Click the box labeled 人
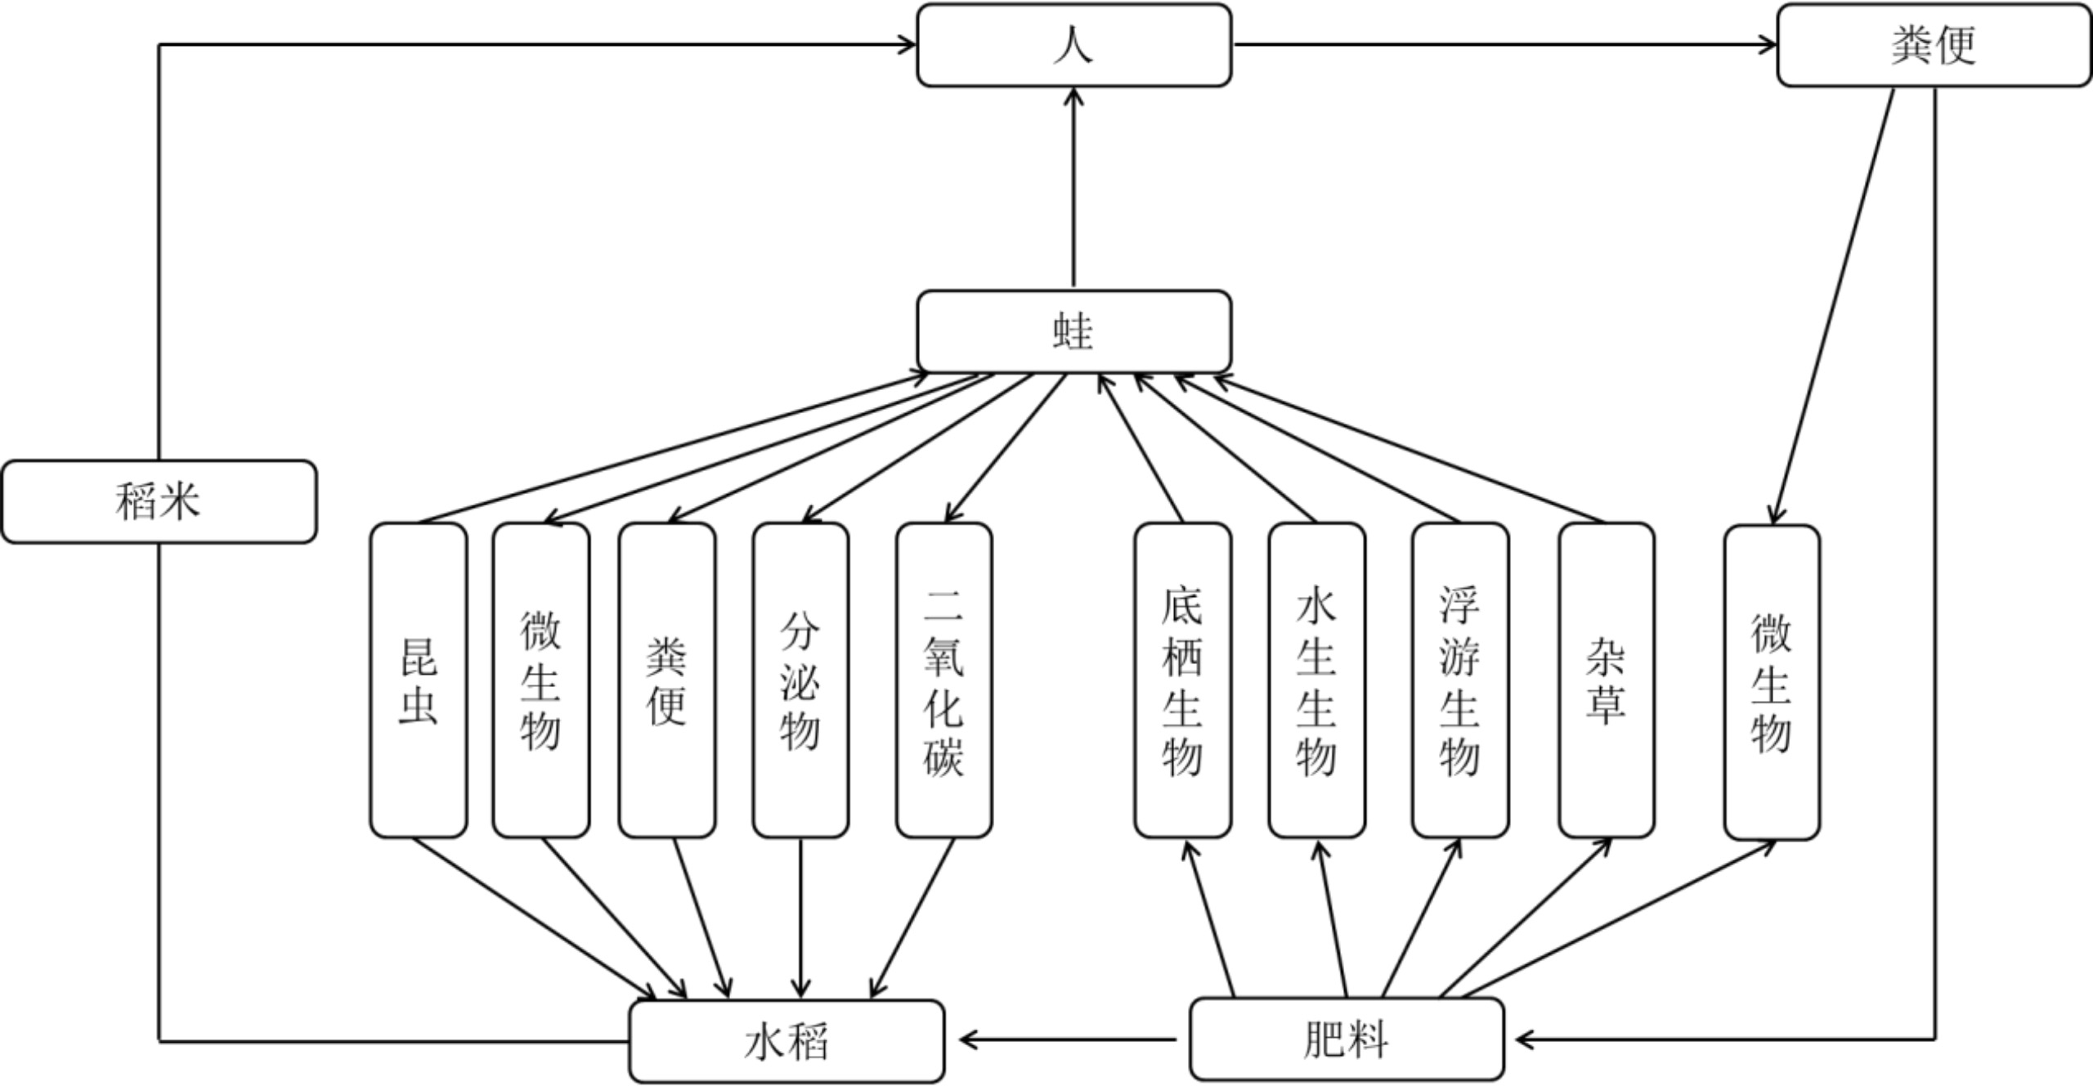tap(1073, 45)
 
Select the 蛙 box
tap(1073, 331)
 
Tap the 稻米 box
tap(159, 501)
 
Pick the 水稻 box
tap(787, 1041)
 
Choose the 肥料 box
tap(1347, 1039)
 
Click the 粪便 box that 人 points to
tap(1934, 45)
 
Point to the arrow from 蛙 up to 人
tap(1073, 188)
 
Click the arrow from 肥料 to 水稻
tap(1067, 1040)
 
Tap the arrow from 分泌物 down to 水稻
tap(800, 916)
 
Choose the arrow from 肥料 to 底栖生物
tap(1209, 920)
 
